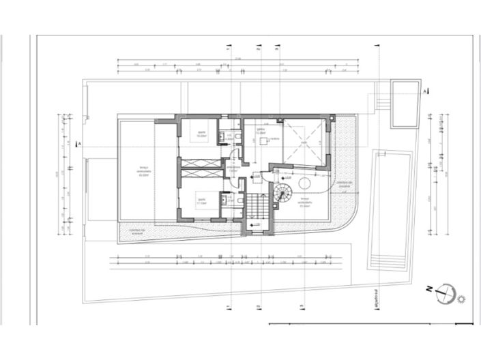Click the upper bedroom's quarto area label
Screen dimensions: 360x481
[x=201, y=135]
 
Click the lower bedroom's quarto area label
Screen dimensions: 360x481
[x=201, y=202]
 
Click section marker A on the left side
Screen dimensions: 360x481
[x=80, y=145]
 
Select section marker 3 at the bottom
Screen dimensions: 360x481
[x=302, y=308]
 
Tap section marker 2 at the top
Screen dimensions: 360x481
[x=258, y=49]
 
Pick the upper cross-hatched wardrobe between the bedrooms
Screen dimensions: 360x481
[x=200, y=162]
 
